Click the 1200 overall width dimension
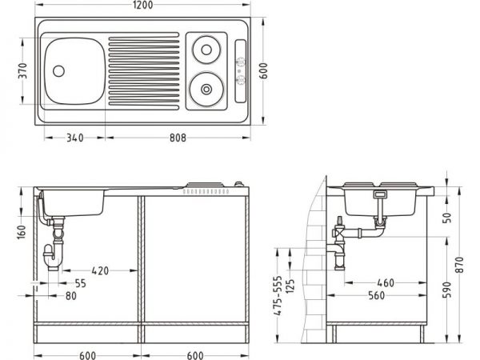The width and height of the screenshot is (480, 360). (142, 5)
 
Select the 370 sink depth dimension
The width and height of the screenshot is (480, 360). (22, 70)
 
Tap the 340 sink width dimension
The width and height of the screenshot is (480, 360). (74, 138)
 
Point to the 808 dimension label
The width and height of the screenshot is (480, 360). (178, 138)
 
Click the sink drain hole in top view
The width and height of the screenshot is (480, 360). (58, 70)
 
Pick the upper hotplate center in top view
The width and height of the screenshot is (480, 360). (206, 50)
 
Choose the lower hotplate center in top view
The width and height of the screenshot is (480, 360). (206, 89)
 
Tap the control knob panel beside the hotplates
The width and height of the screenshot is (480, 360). (240, 71)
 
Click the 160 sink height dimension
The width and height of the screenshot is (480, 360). (22, 232)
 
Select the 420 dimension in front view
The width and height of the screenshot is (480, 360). (100, 270)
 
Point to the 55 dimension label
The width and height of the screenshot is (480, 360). (80, 283)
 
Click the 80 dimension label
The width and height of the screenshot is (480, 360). (70, 296)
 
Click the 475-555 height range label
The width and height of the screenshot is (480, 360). (278, 295)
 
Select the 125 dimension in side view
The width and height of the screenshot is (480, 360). (291, 286)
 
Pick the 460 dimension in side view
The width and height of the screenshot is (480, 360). (386, 283)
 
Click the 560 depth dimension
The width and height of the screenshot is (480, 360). (376, 295)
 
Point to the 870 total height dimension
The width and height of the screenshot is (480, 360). (459, 265)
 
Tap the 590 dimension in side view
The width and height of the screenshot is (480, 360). (447, 290)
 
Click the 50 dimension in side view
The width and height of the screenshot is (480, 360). (447, 218)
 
